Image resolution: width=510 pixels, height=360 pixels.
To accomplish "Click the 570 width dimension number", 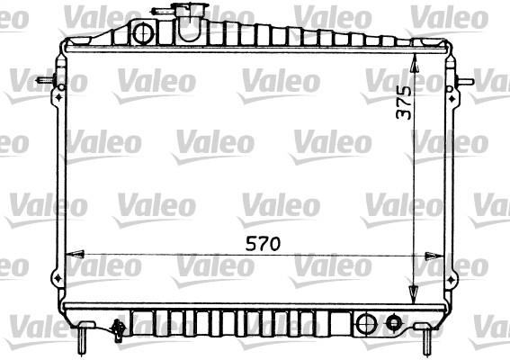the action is click(x=263, y=244).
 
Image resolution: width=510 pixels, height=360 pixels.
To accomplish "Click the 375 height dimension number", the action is click(x=404, y=103).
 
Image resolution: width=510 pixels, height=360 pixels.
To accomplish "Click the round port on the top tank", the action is click(x=143, y=33).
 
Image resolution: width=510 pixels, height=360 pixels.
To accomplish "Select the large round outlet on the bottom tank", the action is click(x=367, y=324).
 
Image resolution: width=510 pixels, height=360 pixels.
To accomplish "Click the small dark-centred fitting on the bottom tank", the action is click(x=394, y=322).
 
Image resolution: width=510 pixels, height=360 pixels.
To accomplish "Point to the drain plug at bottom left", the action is click(x=118, y=330).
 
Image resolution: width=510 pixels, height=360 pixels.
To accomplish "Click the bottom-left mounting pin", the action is click(x=83, y=338).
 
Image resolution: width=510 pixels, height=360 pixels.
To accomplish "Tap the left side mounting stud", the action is click(x=46, y=80).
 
